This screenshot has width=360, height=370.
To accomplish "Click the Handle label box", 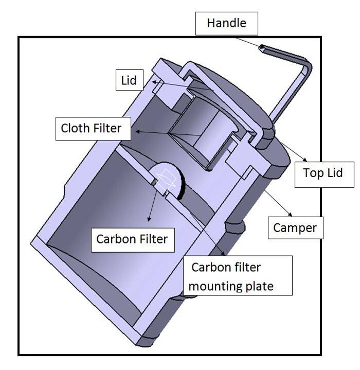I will tap(226, 24).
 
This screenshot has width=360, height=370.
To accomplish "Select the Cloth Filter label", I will tap(92, 128).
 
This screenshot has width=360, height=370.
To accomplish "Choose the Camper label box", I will tap(296, 226).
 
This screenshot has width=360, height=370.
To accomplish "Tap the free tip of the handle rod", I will tap(262, 48).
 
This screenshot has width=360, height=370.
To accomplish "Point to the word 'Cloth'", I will tap(75, 128).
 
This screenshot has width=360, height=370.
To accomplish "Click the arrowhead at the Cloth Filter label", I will tap(133, 132).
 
